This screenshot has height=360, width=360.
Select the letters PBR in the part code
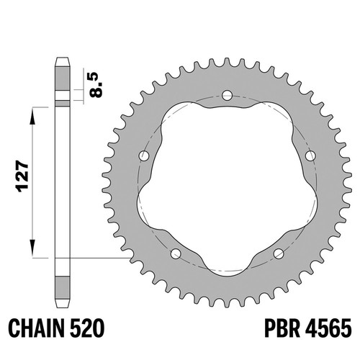[x=282, y=328]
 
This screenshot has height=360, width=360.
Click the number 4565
[x=328, y=328]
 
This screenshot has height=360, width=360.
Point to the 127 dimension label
[x=22, y=177]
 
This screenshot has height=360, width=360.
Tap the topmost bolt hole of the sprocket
[x=227, y=95]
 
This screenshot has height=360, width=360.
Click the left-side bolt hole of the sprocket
[x=144, y=156]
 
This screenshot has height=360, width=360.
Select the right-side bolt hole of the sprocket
[x=310, y=156]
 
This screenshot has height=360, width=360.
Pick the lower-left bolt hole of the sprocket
[x=176, y=253]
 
